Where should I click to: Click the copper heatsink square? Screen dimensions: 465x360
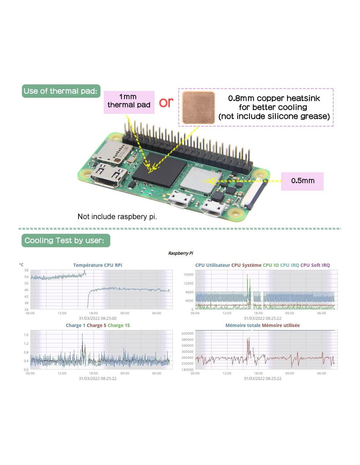tap(198, 107)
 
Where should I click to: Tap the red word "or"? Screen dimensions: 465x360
tap(166, 103)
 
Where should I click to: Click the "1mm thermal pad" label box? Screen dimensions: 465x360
tap(129, 102)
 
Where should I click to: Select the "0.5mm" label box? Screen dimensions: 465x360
tap(302, 181)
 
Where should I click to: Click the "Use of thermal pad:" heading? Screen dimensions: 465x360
tap(61, 91)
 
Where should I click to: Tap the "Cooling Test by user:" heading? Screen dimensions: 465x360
tap(65, 240)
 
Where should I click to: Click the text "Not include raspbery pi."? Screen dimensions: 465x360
tap(117, 216)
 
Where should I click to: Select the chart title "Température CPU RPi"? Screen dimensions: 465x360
tap(98, 265)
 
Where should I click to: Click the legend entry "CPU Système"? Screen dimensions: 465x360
tap(246, 265)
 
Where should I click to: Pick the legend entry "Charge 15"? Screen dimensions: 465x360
tap(118, 325)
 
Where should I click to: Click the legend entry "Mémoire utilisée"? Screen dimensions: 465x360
tap(280, 325)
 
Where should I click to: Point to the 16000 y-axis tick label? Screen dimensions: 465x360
tap(189, 274)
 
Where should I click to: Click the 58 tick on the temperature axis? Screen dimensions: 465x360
tap(26, 270)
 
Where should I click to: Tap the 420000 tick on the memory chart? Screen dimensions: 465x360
tap(187, 333)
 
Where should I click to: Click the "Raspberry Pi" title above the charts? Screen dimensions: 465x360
tap(180, 253)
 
